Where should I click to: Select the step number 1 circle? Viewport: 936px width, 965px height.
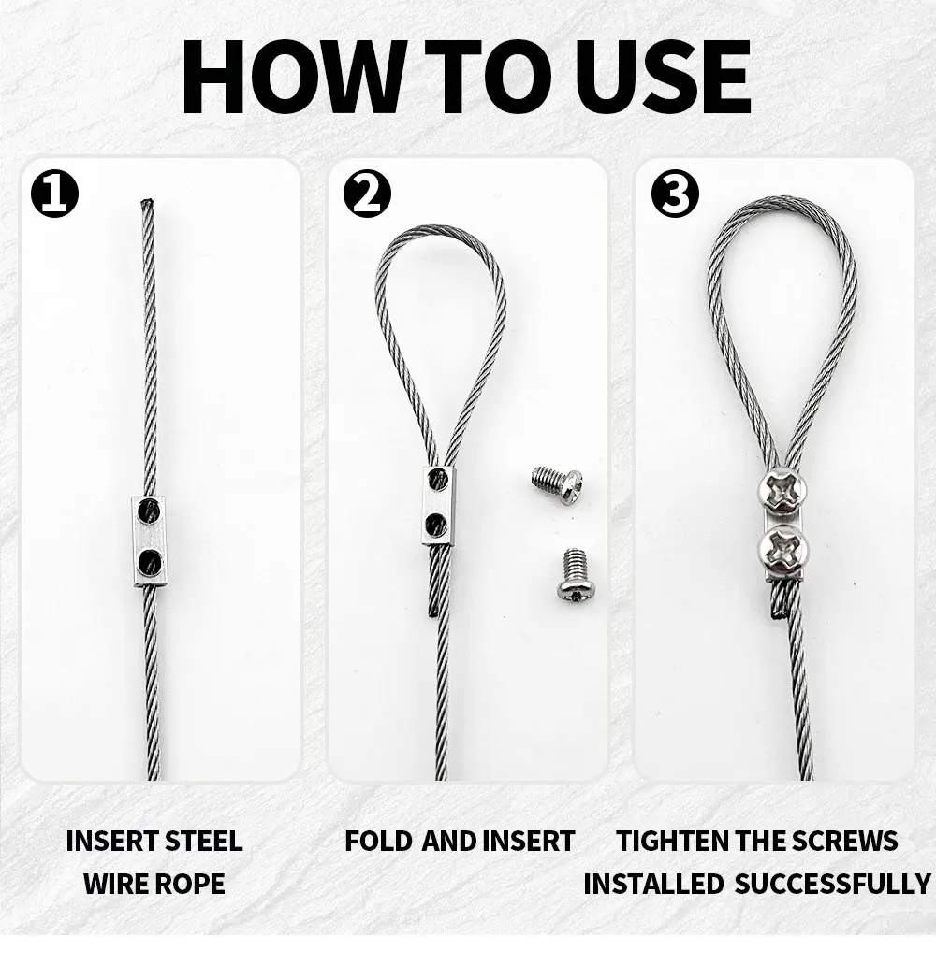click(55, 194)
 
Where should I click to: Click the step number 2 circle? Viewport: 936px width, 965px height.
click(367, 194)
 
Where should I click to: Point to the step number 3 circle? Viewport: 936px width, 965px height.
click(676, 194)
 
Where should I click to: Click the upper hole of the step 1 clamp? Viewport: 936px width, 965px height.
click(151, 510)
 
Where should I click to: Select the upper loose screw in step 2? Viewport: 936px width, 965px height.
click(557, 485)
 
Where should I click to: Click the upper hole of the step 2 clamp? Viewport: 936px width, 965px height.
click(437, 478)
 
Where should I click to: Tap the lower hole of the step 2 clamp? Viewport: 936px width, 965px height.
click(436, 525)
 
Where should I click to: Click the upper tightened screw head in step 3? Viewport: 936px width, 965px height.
click(782, 493)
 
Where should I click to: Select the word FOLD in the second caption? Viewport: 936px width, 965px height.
click(378, 842)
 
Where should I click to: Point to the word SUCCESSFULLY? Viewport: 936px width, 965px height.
click(832, 885)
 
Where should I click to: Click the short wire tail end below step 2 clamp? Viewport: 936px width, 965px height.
click(433, 612)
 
